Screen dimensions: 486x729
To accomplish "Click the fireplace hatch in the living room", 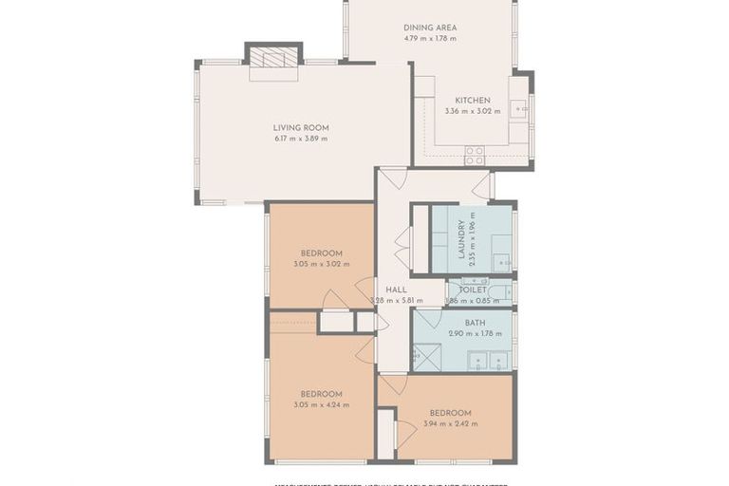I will pos(274,59).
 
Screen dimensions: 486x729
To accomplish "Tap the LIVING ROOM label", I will pos(300,127).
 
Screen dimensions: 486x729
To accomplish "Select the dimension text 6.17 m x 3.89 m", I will pos(300,139).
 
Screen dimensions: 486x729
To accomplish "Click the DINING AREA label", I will pos(430,28).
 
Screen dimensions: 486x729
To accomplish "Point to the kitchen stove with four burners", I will pos(474,154).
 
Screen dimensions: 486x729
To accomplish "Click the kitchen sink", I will pos(519,109).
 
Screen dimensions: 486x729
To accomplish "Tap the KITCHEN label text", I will pos(472,100).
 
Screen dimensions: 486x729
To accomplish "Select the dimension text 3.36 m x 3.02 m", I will pos(472,111).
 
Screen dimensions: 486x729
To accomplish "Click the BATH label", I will pos(475,323).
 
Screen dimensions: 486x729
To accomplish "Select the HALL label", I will pos(396,290).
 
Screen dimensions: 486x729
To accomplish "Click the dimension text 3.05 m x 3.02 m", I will pos(321,265).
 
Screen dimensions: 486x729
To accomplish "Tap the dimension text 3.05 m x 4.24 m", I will pos(321,405).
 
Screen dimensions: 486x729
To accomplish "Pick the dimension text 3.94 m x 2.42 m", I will pos(449,424).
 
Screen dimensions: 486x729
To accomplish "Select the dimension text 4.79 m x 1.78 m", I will pos(430,39).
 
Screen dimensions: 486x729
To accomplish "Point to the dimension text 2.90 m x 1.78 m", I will pos(475,333).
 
